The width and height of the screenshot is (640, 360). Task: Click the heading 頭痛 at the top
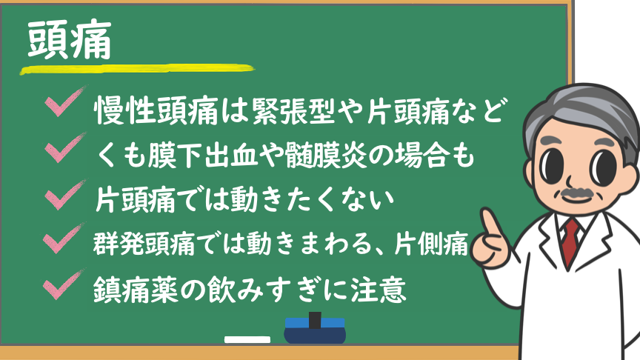[70, 40]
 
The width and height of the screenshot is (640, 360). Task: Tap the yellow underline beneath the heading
[137, 69]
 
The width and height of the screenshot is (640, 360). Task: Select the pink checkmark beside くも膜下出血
[65, 147]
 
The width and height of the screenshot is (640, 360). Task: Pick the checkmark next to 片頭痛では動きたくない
[65, 194]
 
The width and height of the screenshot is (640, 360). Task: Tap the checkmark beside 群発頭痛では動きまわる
[64, 238]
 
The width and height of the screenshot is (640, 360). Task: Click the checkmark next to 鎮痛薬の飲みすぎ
[64, 284]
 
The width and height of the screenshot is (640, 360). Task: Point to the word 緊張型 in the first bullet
[293, 111]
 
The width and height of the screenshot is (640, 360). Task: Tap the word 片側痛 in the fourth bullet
[431, 244]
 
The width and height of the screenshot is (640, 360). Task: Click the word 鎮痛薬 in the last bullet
[136, 290]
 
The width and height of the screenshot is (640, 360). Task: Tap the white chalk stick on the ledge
[247, 339]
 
